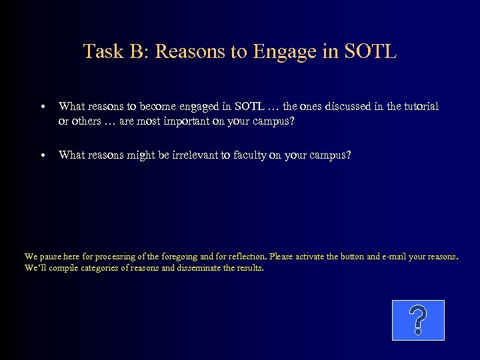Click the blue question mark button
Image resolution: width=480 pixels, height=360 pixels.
[417, 320]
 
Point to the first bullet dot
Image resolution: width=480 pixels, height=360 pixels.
[42, 107]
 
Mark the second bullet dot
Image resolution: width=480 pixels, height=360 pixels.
[42, 155]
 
